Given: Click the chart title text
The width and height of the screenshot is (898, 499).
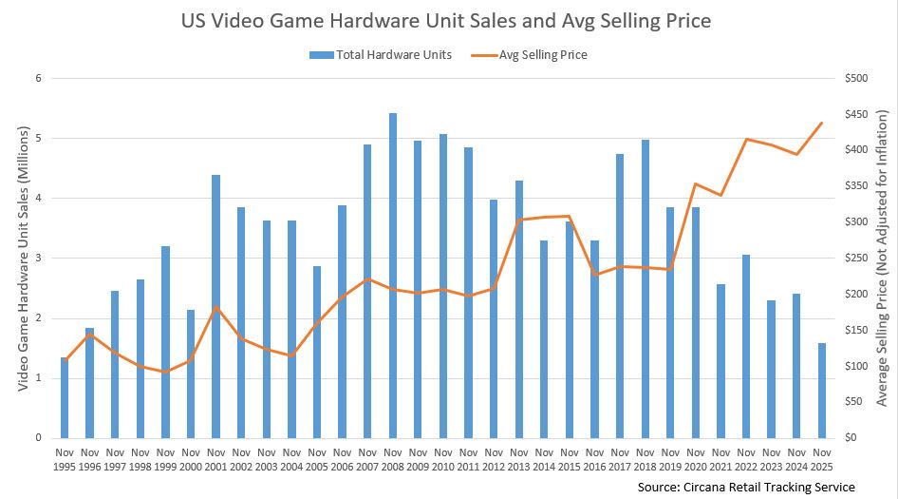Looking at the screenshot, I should click(446, 20).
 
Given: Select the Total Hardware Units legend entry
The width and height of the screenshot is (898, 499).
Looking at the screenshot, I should click(387, 54).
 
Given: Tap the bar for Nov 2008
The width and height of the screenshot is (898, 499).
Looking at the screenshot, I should click(393, 276).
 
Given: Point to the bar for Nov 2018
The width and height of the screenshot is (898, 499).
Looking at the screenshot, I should click(645, 289).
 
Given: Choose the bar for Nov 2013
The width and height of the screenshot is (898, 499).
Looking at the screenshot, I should click(519, 309).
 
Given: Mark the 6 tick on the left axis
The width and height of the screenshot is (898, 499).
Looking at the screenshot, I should click(39, 78).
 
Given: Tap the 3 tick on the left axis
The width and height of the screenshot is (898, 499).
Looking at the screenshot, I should click(39, 258).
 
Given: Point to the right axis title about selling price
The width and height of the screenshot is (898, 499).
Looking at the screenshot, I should click(881, 257).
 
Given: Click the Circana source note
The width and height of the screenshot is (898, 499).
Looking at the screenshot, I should click(746, 487).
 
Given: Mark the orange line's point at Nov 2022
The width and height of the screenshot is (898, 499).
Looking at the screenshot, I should click(746, 140).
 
